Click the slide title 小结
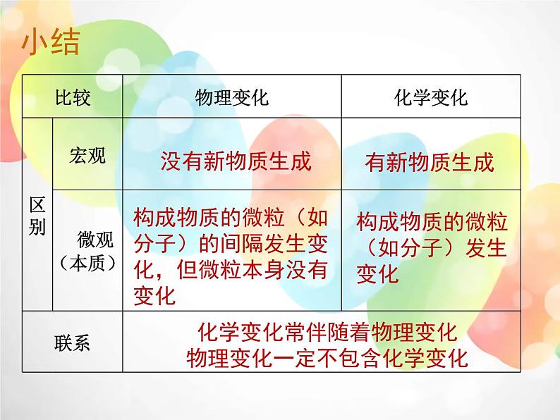[x=51, y=42]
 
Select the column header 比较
[x=73, y=97]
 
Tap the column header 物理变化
[x=232, y=97]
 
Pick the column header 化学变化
[x=431, y=97]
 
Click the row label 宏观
[x=88, y=155]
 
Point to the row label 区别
[x=38, y=216]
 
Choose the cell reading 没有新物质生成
[x=236, y=162]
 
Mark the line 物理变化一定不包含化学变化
[x=327, y=358]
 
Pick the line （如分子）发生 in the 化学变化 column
[x=432, y=248]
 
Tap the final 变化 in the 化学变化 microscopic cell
[x=377, y=273]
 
